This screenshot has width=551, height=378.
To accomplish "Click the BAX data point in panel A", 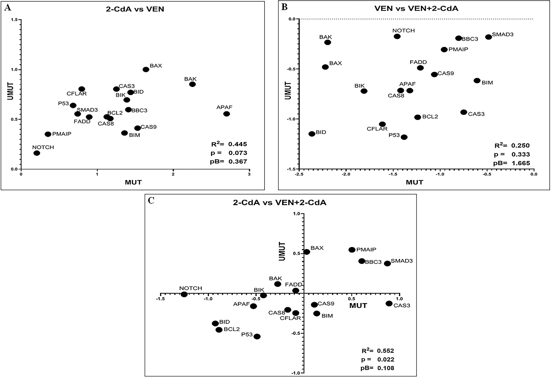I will (146, 69).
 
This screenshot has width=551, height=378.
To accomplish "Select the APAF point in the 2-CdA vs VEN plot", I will (227, 114).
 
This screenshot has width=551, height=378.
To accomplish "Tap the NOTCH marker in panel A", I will (37, 153).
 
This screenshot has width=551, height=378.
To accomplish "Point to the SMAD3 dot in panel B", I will (488, 37).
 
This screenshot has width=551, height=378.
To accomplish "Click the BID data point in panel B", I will (312, 134).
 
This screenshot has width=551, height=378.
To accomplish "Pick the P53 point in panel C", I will (257, 336).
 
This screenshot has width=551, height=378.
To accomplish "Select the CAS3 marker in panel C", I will (389, 304).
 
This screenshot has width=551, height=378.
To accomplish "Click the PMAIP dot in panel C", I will (352, 250).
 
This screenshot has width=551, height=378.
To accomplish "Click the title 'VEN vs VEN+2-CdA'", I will (416, 8).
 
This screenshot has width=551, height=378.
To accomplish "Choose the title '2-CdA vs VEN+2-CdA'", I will (280, 203).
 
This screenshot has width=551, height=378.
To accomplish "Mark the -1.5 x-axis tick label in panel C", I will (160, 299).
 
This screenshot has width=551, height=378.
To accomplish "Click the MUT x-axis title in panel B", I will (415, 182).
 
